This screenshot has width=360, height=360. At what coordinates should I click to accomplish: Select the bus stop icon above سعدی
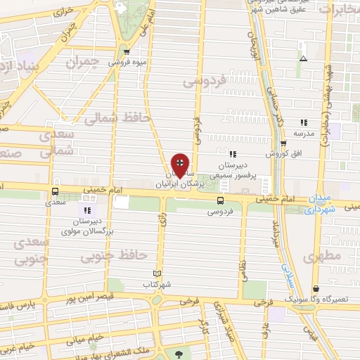(x=55, y=191)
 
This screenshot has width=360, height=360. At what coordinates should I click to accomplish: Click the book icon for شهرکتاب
(x=157, y=274)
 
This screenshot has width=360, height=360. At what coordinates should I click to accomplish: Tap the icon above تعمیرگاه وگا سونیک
(x=316, y=288)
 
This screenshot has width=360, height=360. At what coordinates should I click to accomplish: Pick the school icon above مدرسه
(x=303, y=122)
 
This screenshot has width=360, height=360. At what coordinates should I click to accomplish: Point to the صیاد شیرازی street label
(x=215, y=324)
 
